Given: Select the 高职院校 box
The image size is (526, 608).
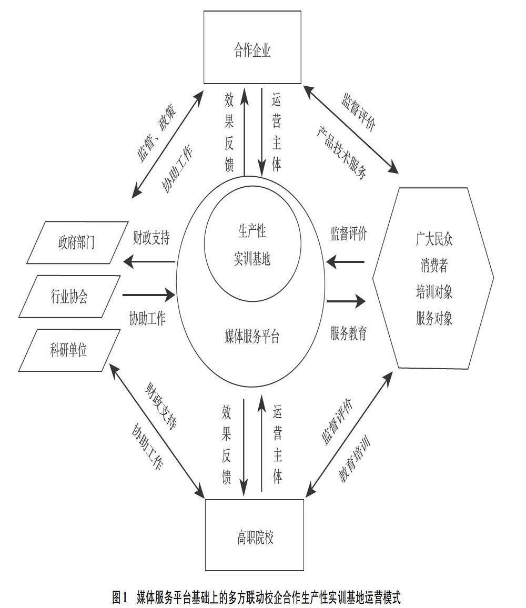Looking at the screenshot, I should tap(255, 538).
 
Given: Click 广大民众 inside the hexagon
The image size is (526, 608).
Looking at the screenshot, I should tap(434, 240).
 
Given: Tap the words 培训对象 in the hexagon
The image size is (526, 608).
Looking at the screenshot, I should tap(434, 292).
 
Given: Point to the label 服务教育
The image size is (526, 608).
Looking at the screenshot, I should tap(349, 333).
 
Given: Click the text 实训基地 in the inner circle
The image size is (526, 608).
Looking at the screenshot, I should tap(252, 259).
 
